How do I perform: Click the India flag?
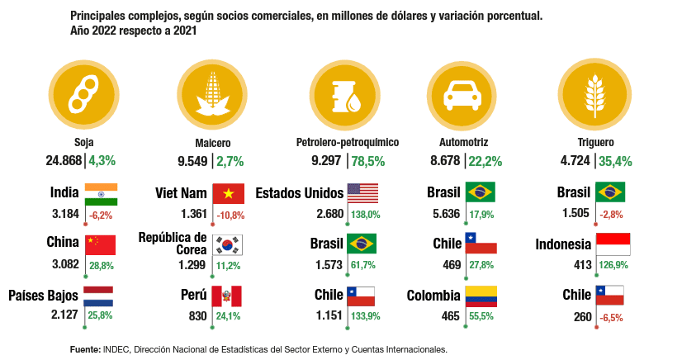click(x=101, y=194)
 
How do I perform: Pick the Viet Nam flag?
click(x=229, y=193)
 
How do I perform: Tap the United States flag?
click(x=363, y=193)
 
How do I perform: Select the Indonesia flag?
click(x=612, y=244)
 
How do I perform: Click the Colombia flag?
click(x=481, y=296)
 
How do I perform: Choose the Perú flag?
click(x=229, y=296)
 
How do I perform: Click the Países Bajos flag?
click(x=101, y=296)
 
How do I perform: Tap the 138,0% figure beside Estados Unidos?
click(x=365, y=214)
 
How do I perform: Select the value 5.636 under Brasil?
click(x=443, y=214)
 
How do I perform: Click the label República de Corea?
click(x=173, y=244)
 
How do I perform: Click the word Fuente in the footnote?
click(x=85, y=349)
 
